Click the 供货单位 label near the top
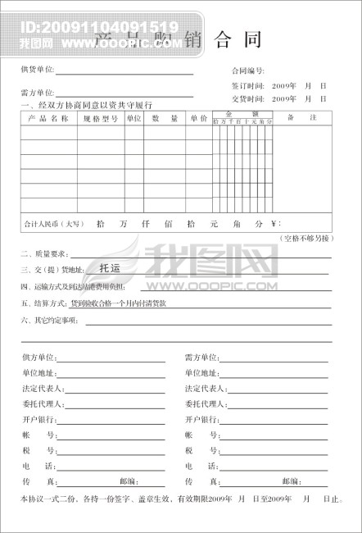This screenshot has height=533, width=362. coord(38,71)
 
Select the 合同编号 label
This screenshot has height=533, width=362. coord(249,71)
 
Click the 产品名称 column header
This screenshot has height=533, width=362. coord(48,119)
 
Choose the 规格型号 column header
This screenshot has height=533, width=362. coord(101,119)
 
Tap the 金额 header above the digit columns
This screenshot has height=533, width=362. coord(242,114)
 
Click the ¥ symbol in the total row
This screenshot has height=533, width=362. coord(275,223)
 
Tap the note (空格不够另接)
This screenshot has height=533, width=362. coord(306,238)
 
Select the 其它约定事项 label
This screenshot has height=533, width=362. coord(50,320)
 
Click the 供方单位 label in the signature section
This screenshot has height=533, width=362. coord(38,358)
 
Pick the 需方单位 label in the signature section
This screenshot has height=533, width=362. coord(201,358)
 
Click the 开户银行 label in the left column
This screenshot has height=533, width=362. coord(38,420)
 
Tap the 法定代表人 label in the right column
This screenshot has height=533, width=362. coord(205,389)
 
